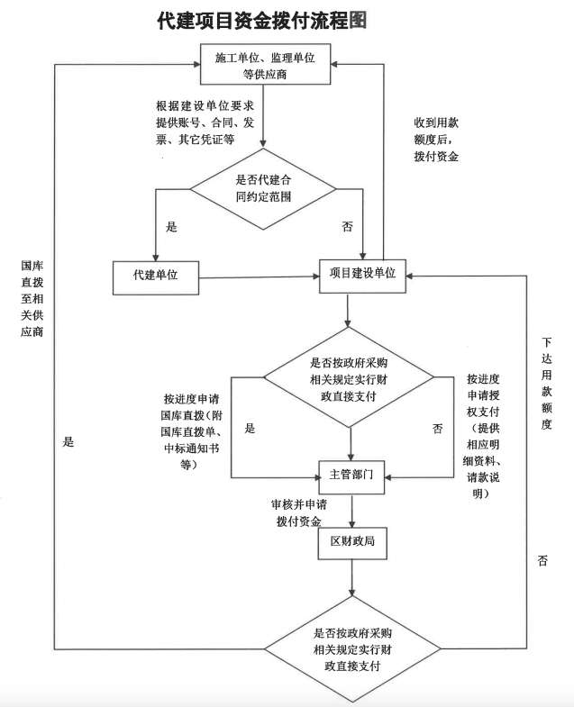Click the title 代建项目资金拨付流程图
[262, 20]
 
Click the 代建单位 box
[155, 276]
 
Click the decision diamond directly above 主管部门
[350, 379]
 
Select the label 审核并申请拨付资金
[298, 512]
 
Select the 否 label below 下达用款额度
[542, 560]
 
